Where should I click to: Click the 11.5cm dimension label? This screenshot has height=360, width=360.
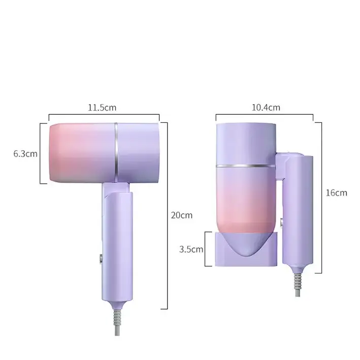point(102,108)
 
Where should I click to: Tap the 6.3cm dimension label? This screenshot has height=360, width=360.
point(25,154)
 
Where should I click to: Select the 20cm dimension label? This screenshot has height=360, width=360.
point(182,215)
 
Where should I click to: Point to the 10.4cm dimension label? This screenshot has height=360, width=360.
point(266,108)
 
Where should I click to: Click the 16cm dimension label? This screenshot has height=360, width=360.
point(337,193)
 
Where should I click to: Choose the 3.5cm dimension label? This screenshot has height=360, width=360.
point(191,249)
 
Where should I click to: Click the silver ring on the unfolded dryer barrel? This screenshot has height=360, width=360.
point(116,153)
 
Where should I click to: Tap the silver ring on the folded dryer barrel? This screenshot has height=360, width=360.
point(246,166)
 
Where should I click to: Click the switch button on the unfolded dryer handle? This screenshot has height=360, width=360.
point(101,258)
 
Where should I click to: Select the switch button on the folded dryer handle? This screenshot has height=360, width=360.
point(281,223)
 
